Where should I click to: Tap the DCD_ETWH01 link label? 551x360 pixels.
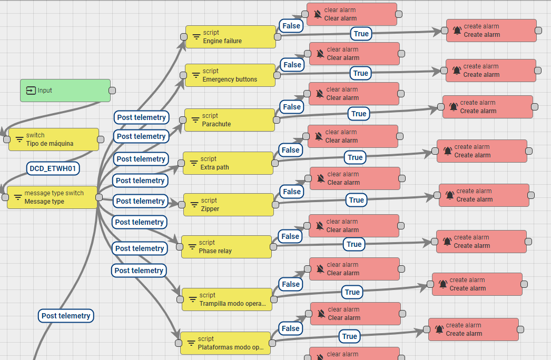(x=53, y=168)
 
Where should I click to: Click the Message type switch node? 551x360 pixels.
(x=52, y=197)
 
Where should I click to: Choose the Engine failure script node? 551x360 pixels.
(x=231, y=37)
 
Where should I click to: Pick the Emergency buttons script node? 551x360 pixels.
(x=230, y=75)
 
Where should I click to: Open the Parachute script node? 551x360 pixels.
(x=230, y=120)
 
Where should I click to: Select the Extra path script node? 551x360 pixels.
(x=228, y=163)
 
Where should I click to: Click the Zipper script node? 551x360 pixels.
(x=229, y=205)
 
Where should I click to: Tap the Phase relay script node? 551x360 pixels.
(x=227, y=247)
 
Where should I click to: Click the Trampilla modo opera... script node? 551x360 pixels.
(x=227, y=299)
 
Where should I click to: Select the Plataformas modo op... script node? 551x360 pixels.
(x=225, y=343)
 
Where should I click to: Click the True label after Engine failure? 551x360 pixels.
(x=361, y=34)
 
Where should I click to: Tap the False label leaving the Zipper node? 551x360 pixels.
(x=292, y=192)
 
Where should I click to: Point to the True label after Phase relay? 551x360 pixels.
(x=354, y=244)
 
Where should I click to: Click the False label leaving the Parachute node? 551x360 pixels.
(x=292, y=107)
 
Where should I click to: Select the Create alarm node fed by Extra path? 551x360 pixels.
(x=482, y=151)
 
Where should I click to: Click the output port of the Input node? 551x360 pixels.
(x=113, y=91)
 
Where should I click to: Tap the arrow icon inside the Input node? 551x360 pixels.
(x=31, y=91)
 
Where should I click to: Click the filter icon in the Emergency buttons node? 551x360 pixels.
(x=196, y=75)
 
